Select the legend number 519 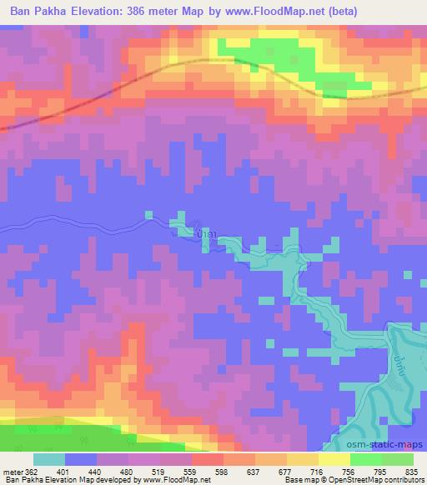click(x=158, y=472)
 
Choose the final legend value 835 click(x=414, y=472)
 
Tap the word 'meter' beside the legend click(x=11, y=472)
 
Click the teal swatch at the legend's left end click(x=48, y=459)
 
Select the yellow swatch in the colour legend click(x=334, y=459)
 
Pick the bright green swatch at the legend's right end click(x=397, y=459)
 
